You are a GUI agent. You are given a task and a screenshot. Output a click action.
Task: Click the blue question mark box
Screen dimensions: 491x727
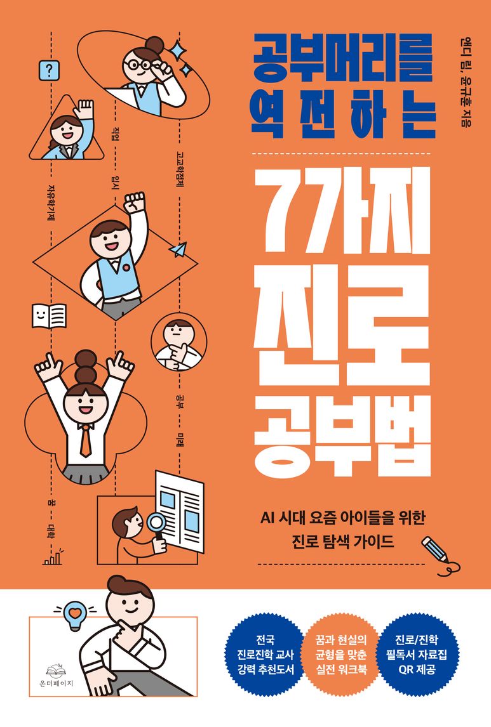(x=49, y=71)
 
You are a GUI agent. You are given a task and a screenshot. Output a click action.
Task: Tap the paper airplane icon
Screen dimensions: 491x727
(x=178, y=249)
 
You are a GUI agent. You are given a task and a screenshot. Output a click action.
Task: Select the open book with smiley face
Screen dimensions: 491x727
(x=49, y=316)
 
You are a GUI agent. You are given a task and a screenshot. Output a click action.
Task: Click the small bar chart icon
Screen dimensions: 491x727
(x=53, y=557)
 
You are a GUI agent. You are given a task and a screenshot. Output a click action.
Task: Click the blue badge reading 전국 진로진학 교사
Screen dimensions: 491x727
(x=266, y=654)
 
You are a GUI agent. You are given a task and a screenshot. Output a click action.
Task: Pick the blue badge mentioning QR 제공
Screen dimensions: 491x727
(x=417, y=654)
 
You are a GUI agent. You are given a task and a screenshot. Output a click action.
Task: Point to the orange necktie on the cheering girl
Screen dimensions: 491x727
(x=85, y=440)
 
